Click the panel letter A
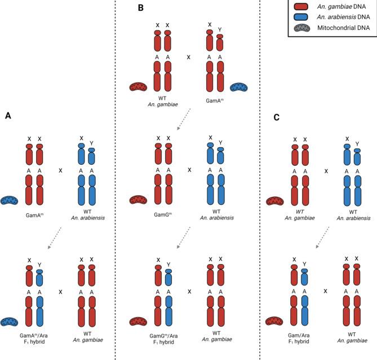(x=8, y=116)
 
